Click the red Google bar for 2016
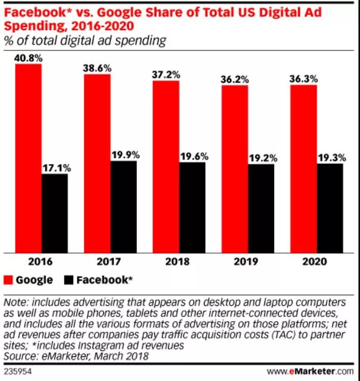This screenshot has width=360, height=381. (x=28, y=158)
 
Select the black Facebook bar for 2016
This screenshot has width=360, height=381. (x=54, y=213)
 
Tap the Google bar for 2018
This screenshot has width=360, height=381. (x=166, y=166)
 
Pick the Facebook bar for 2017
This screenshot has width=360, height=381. (x=123, y=206)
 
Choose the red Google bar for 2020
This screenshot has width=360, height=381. (x=304, y=168)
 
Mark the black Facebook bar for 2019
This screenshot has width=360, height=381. (x=261, y=208)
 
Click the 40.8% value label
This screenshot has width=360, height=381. (x=29, y=58)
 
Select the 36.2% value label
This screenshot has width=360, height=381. (x=234, y=80)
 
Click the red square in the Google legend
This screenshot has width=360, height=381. (x=8, y=280)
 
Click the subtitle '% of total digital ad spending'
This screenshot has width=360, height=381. (x=85, y=41)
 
